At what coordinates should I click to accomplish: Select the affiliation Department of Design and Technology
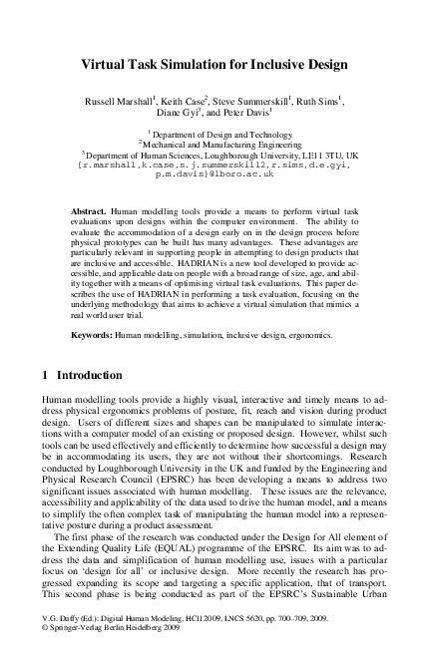pos(216,134)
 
